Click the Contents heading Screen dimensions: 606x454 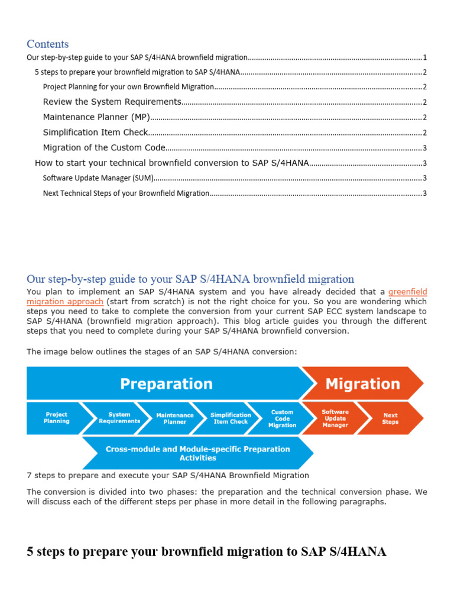[x=48, y=44]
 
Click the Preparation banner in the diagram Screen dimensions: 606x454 [x=166, y=384]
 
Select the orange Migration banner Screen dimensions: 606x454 [x=362, y=384]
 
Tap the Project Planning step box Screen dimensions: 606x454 [x=57, y=418]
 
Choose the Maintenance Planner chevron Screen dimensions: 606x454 [x=174, y=418]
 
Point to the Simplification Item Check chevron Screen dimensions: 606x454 [x=230, y=418]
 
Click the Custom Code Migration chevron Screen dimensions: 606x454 [x=282, y=418]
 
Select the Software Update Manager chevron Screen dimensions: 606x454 [x=335, y=418]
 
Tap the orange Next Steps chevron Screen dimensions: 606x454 [x=390, y=418]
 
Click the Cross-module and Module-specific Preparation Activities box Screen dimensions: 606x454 [x=197, y=453]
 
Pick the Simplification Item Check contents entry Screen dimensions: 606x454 [x=95, y=133]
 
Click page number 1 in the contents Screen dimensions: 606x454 [x=424, y=58]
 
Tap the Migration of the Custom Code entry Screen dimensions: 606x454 [x=104, y=148]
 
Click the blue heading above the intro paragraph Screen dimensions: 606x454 [x=190, y=279]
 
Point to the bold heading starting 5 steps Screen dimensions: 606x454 [x=206, y=552]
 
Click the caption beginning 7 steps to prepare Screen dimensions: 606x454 [x=168, y=475]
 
